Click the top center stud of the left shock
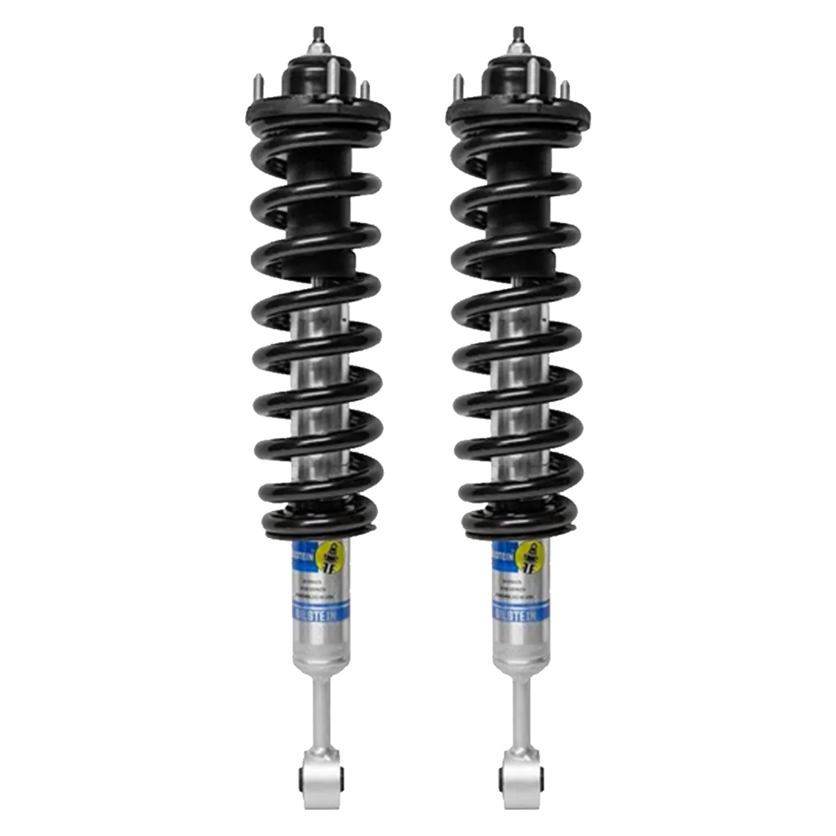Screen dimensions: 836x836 318,36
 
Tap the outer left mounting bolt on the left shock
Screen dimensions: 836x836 257,84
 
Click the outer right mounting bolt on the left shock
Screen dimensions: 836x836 365,88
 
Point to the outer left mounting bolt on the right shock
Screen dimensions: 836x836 458,84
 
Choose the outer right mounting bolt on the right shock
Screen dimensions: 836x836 566,88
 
